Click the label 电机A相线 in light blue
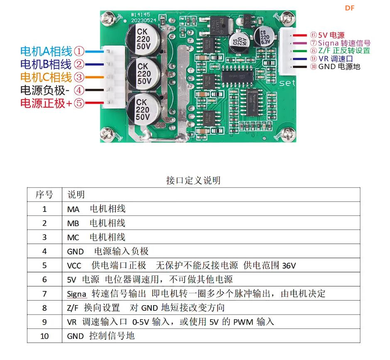(46, 52)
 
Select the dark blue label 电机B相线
(46, 64)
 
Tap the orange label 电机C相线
(46, 77)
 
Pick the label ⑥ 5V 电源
(328, 35)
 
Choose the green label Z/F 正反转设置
(340, 51)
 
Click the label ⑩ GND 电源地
(335, 67)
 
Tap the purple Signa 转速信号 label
(344, 43)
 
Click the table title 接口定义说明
(193, 180)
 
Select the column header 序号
(44, 195)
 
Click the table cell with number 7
(44, 294)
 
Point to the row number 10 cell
(44, 336)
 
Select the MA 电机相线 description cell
(96, 209)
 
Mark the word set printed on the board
(287, 83)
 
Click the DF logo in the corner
(350, 8)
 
